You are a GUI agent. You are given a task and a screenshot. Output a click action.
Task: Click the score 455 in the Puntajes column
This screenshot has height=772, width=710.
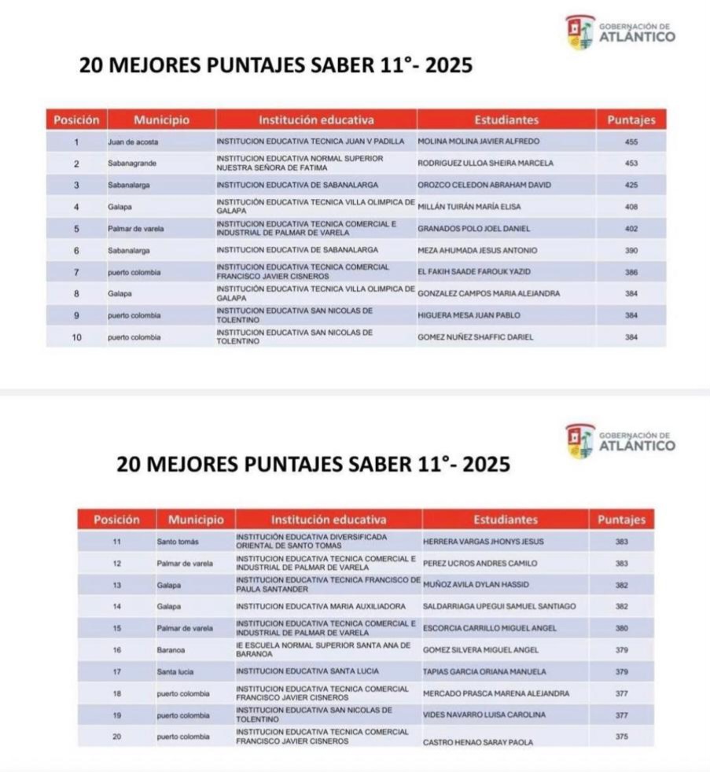point(631,142)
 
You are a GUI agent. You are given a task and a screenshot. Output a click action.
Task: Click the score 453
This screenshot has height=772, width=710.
point(631,164)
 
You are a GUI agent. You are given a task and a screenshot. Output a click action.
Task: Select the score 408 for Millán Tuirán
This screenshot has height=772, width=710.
point(631,207)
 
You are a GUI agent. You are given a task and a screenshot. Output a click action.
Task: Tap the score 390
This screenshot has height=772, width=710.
point(631,251)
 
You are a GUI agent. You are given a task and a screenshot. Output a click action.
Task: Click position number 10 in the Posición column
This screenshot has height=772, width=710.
point(77,337)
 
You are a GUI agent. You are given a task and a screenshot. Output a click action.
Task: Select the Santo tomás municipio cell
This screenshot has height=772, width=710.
point(178,542)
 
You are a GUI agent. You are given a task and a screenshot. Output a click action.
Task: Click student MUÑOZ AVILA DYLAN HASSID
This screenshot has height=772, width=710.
point(476,585)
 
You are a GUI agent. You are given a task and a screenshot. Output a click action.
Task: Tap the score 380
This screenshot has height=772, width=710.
point(621,628)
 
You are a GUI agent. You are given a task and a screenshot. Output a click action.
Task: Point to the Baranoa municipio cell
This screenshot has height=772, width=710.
point(171,650)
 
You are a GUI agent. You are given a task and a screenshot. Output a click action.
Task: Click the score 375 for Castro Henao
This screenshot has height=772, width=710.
point(621,737)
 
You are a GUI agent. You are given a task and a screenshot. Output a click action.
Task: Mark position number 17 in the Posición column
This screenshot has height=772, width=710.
point(117,672)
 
